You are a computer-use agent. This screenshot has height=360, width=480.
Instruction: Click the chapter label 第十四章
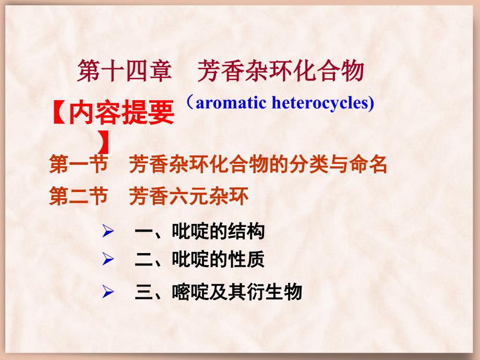[x=124, y=71]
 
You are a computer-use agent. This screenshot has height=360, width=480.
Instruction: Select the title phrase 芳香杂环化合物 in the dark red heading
[x=280, y=71]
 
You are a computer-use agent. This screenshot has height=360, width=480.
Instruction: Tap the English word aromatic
[x=231, y=103]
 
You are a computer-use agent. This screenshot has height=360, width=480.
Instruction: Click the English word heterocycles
[x=320, y=103]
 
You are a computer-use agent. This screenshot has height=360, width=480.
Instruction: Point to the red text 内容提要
[x=122, y=113]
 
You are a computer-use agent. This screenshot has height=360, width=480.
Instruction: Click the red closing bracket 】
[x=104, y=142]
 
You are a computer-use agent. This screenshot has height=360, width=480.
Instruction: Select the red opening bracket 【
[x=59, y=113]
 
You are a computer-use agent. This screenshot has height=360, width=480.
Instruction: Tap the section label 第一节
[x=78, y=164]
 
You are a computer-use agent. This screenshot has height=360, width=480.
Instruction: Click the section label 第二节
[x=78, y=196]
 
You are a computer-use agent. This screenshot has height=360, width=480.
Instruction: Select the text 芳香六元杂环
[x=188, y=196]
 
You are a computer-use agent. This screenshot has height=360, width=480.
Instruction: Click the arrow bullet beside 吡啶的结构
[x=108, y=231]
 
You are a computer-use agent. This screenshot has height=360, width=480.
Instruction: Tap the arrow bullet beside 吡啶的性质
[x=108, y=259]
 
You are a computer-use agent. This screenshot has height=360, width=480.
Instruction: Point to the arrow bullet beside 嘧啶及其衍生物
[x=108, y=292]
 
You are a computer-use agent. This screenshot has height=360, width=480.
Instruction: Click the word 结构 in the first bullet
[x=246, y=231]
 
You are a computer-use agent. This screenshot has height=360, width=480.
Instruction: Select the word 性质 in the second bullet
[x=246, y=259]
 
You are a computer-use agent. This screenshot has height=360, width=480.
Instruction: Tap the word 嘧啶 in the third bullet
[x=190, y=292]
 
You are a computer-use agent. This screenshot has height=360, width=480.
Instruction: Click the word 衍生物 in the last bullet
[x=274, y=292]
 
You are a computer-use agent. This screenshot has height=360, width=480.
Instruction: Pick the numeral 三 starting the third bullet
[x=144, y=292]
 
